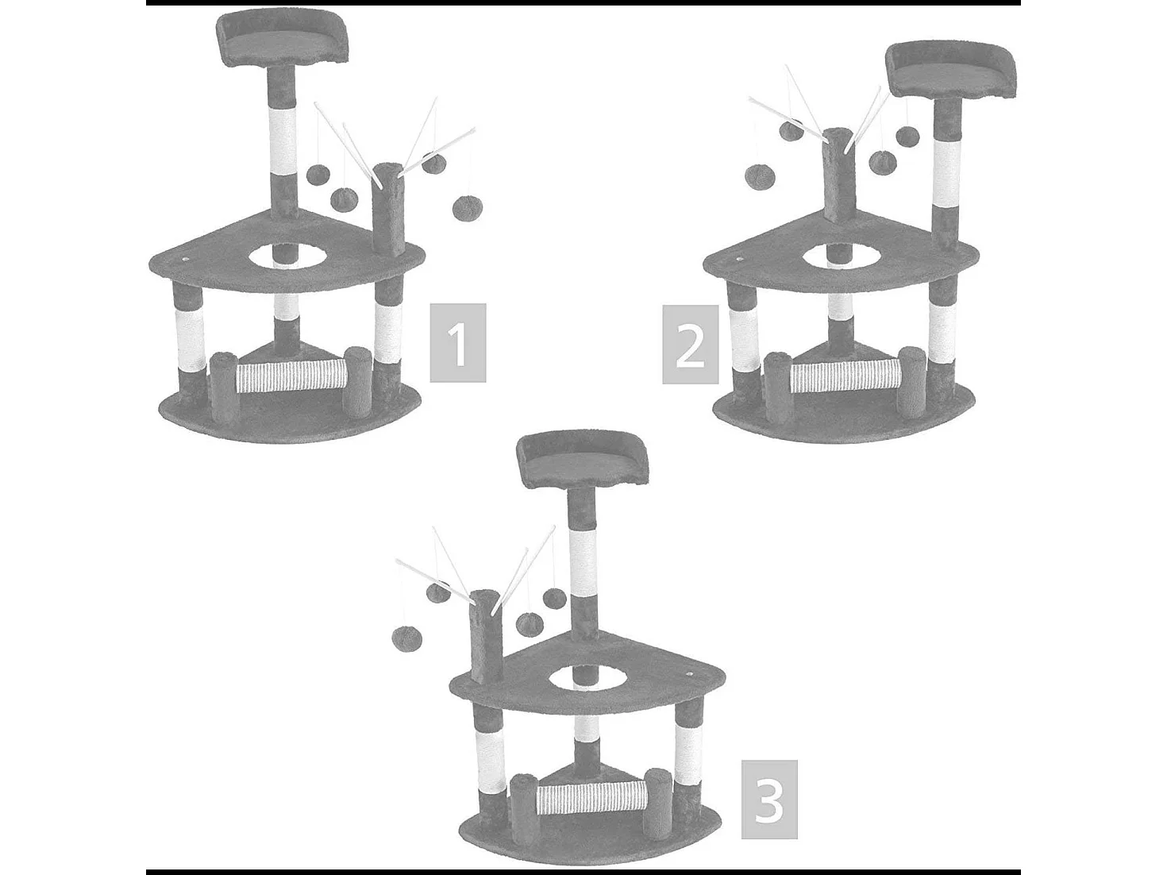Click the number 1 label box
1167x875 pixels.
click(x=458, y=342)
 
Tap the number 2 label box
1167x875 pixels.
click(x=690, y=344)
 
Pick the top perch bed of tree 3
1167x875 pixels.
click(x=583, y=461)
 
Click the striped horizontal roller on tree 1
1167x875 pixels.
click(x=291, y=376)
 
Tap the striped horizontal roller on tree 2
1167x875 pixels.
click(x=845, y=376)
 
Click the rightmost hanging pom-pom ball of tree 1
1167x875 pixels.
click(x=466, y=208)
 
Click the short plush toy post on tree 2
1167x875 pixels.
click(x=838, y=175)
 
